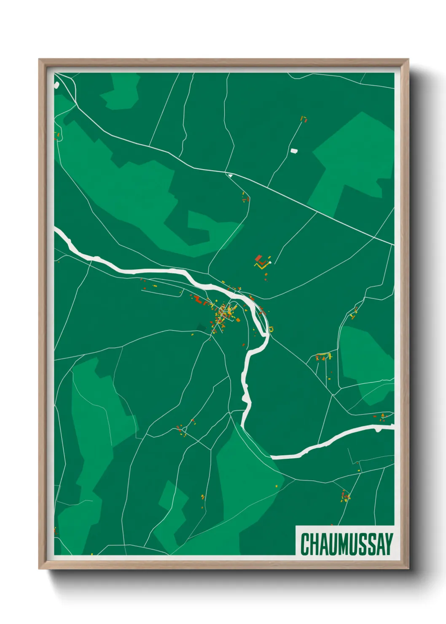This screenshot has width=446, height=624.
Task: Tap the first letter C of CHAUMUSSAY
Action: (x=304, y=544)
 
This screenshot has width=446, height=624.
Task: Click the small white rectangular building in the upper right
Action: (x=294, y=151)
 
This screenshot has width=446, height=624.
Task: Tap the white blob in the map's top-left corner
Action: (x=56, y=85)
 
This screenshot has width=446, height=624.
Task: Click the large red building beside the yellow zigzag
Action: (x=258, y=258)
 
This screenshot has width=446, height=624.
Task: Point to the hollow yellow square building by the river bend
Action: (x=271, y=329)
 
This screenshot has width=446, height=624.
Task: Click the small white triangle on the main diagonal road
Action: (x=230, y=175)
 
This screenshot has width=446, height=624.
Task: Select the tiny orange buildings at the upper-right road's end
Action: (x=303, y=119)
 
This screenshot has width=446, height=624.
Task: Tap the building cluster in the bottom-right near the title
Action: (x=345, y=496)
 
